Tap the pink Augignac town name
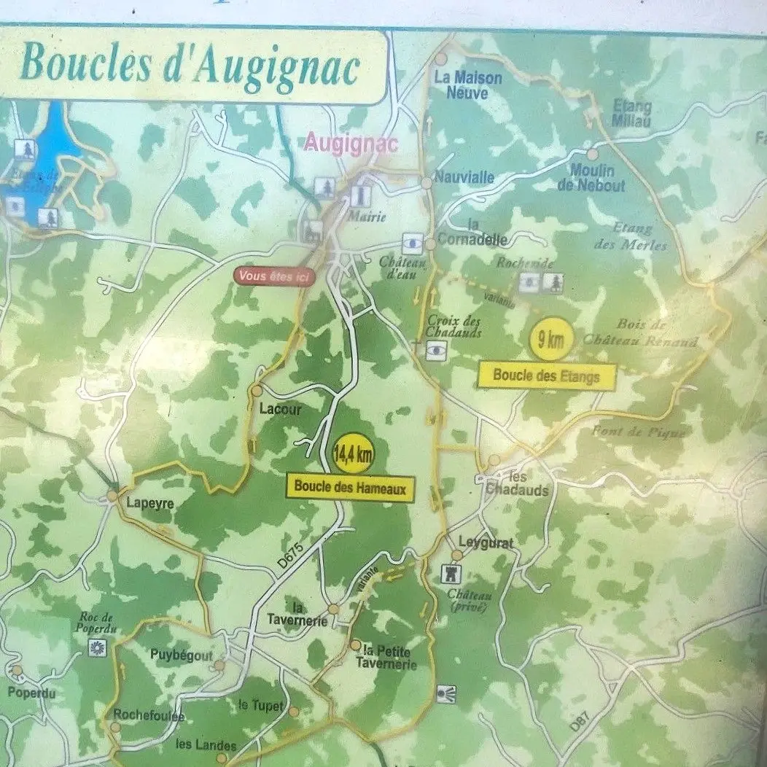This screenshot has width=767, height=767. tap(351, 142)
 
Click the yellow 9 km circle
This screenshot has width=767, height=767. tap(550, 338)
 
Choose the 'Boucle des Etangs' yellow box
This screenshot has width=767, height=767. tap(547, 376)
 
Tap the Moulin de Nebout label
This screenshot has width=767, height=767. tap(591, 178)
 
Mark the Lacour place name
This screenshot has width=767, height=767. tap(280, 410)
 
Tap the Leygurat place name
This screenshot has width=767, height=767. tap(486, 543)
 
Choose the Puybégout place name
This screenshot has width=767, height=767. tap(182, 655)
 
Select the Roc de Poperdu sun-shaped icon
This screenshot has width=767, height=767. tap(96, 646)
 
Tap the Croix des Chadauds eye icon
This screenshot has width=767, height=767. tap(437, 351)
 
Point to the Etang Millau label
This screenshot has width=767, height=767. tap(632, 114)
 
